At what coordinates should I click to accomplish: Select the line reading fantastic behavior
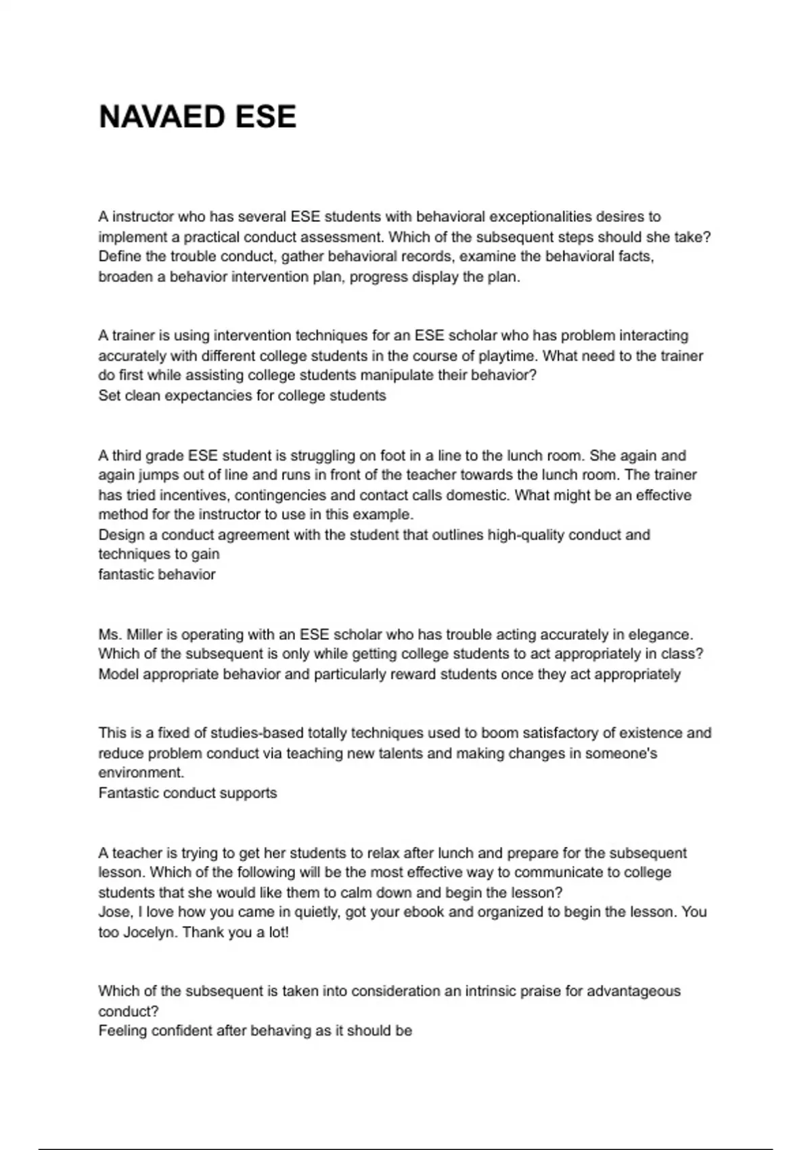157,574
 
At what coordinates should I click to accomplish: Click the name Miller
144,635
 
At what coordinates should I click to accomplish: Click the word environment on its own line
141,773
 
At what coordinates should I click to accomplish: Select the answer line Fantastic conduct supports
187,793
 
